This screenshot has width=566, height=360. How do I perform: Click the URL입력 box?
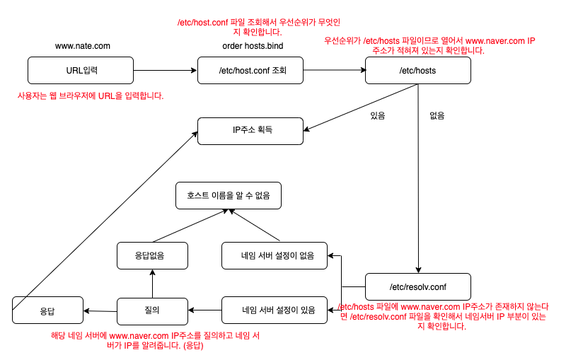click(x=81, y=70)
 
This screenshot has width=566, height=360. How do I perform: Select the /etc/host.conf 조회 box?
click(x=250, y=70)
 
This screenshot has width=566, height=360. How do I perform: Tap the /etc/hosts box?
click(x=418, y=70)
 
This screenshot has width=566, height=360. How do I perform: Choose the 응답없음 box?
click(x=152, y=255)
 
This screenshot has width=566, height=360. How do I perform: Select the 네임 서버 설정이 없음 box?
click(x=275, y=255)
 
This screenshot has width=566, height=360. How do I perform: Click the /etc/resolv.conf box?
click(x=418, y=286)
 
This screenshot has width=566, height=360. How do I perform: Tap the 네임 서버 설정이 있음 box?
click(x=275, y=309)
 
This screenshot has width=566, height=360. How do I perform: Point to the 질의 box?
click(x=152, y=309)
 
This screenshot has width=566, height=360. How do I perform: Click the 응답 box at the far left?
click(x=48, y=310)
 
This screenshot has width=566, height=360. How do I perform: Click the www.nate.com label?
click(x=83, y=46)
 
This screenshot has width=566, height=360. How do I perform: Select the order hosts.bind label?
click(x=252, y=46)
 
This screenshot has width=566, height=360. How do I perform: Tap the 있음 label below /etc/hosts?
click(x=379, y=114)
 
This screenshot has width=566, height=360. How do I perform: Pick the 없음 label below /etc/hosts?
click(x=438, y=114)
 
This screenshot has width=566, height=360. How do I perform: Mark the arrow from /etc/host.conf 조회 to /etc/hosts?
click(x=334, y=70)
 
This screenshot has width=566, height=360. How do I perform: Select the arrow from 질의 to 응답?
click(x=100, y=310)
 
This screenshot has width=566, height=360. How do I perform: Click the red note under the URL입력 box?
click(x=91, y=95)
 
